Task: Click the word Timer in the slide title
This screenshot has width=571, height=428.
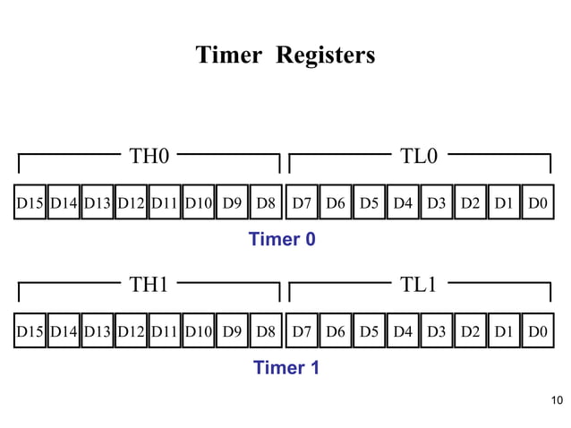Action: click(x=227, y=56)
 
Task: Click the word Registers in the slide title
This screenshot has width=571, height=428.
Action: click(x=326, y=56)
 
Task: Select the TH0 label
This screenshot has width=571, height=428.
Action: click(x=149, y=157)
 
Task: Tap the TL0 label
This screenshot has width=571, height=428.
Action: click(x=419, y=157)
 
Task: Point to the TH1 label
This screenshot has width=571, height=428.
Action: click(x=149, y=285)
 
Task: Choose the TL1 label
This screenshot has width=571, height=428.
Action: click(x=419, y=285)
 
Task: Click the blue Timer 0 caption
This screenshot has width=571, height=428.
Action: click(x=282, y=240)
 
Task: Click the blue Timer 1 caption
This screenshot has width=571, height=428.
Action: click(x=285, y=368)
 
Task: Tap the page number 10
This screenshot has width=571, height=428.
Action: click(x=558, y=399)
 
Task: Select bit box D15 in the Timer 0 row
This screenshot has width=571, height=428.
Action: click(x=30, y=203)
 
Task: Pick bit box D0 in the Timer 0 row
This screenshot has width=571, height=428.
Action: click(x=538, y=203)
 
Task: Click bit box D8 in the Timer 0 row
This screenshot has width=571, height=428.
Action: click(x=266, y=203)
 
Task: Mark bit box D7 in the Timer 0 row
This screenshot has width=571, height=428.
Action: click(x=302, y=203)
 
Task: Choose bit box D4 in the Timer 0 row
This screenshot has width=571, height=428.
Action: click(x=403, y=203)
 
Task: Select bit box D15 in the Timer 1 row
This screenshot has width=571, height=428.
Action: click(x=30, y=331)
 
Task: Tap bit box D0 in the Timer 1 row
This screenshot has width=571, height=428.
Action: click(x=538, y=331)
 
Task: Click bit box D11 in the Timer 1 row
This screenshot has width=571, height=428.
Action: click(x=165, y=331)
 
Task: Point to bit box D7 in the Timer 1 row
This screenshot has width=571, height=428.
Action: click(x=302, y=331)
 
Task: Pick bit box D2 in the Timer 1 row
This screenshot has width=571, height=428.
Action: click(x=470, y=331)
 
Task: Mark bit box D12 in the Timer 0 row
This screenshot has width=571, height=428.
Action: click(x=132, y=203)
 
